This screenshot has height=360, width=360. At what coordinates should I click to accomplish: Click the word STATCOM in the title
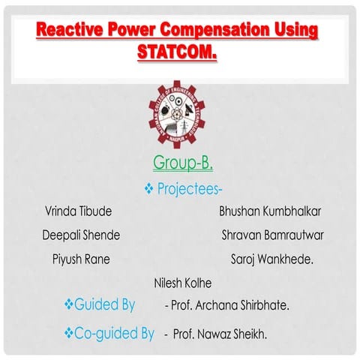(x=177, y=53)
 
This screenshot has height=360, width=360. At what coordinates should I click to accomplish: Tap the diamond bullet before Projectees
(x=148, y=187)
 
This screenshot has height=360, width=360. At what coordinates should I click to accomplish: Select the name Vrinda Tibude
(x=79, y=211)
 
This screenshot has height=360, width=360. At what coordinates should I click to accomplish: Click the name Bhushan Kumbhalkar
(x=268, y=211)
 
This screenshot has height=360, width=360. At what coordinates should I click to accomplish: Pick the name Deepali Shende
(x=81, y=235)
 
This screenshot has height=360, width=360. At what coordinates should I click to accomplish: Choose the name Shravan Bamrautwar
(x=272, y=235)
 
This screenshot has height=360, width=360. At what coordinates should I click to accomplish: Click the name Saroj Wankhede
(x=268, y=259)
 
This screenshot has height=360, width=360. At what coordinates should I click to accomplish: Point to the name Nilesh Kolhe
(x=182, y=283)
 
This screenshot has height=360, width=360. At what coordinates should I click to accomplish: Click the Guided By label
(x=104, y=304)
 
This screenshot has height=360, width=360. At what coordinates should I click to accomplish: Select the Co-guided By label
(x=115, y=331)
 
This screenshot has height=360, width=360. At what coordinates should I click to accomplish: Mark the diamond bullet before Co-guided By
(x=68, y=331)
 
